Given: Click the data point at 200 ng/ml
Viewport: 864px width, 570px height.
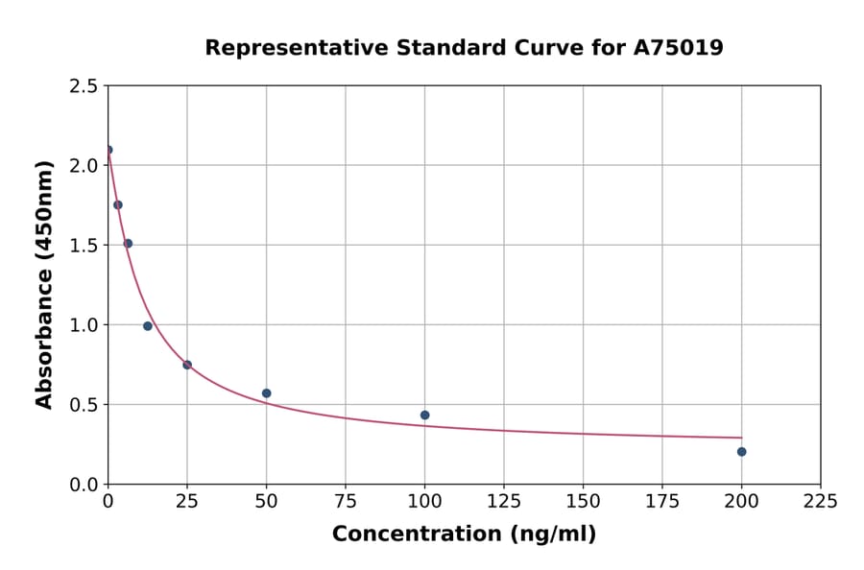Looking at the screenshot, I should (x=741, y=452).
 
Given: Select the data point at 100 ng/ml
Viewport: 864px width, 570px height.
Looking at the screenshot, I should (x=424, y=416).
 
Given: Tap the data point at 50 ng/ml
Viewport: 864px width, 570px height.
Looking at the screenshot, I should (x=266, y=393).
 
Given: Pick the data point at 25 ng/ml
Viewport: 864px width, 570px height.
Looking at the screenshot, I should (x=187, y=365).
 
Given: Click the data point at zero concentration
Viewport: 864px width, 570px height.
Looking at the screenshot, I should (x=108, y=150).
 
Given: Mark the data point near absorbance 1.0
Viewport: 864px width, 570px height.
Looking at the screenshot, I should (x=148, y=326).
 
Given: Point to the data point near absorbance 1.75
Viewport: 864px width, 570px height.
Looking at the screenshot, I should (x=118, y=204).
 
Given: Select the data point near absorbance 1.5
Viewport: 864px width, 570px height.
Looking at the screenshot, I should (x=128, y=244).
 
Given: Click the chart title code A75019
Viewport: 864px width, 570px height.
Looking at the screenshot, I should (x=679, y=47).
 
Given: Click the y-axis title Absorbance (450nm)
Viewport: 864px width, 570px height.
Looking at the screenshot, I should (x=44, y=284).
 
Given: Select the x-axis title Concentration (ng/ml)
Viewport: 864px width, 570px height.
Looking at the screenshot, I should (x=464, y=534).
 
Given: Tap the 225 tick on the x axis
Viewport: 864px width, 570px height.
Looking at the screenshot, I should (x=820, y=501).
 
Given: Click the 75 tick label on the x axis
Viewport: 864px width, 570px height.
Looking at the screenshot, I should (x=346, y=501).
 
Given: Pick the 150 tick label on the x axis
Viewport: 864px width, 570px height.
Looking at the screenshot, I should (x=583, y=501).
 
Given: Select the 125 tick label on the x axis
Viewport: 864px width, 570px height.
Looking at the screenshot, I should (x=504, y=501).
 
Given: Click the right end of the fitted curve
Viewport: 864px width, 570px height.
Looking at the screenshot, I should (x=741, y=438).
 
